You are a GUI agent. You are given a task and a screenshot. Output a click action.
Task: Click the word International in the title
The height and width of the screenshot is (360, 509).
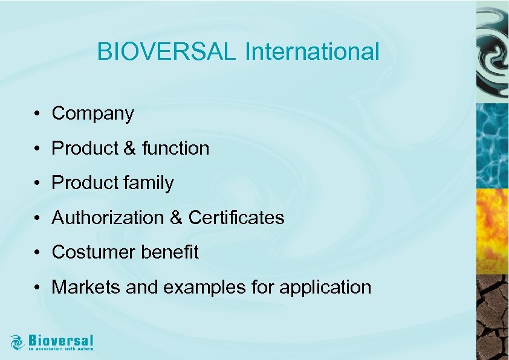[x=312, y=52]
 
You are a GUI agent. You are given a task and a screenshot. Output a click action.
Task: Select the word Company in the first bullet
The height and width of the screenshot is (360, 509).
[x=92, y=114]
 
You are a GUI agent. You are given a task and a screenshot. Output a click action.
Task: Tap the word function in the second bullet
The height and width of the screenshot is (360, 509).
[x=176, y=148]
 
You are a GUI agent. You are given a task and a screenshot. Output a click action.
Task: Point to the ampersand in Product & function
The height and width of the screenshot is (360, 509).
[x=129, y=148]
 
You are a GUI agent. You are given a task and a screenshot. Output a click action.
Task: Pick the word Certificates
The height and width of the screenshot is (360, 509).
[x=236, y=217]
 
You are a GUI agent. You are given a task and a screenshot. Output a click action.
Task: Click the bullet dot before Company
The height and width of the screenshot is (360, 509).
[x=37, y=114]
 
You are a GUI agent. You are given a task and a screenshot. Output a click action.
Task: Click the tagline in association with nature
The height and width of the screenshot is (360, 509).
[x=61, y=349]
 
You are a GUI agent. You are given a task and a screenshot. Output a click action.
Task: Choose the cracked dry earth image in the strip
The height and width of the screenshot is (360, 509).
[x=492, y=317]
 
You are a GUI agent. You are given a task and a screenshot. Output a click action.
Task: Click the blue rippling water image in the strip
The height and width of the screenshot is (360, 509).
[x=492, y=145]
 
